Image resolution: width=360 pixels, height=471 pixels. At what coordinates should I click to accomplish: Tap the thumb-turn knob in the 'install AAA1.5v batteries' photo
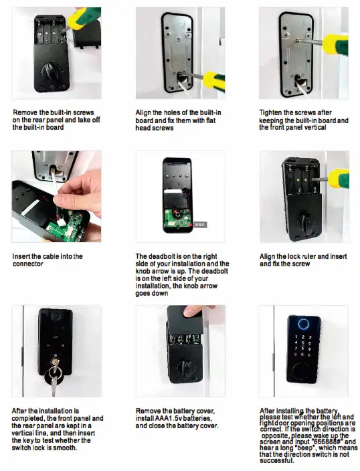coord(180,369)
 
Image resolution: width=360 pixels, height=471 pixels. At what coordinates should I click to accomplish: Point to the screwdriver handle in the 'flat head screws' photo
coord(219,81)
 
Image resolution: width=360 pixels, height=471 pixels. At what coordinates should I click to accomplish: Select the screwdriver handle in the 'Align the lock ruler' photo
coord(339,177)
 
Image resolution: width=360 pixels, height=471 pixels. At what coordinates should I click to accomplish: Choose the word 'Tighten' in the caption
coord(274,112)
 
